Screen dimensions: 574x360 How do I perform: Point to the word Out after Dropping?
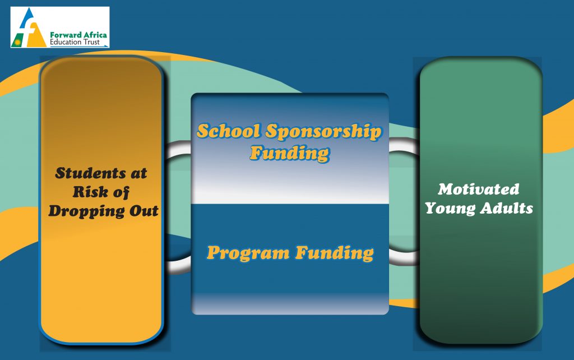point(144,211)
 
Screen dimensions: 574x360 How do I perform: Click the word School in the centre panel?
point(229,131)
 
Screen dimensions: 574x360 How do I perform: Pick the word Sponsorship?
point(323,132)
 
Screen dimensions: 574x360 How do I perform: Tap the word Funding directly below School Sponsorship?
point(290,153)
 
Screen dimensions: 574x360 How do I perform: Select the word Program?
point(248,253)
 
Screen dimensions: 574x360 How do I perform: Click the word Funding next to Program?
point(335,253)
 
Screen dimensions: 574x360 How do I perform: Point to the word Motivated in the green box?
point(479,189)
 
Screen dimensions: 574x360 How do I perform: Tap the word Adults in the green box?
point(507,208)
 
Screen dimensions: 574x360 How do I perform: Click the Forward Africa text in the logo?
point(78,35)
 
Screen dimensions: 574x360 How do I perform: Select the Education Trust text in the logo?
point(75,42)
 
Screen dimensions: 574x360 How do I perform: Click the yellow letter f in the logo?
point(35,35)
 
